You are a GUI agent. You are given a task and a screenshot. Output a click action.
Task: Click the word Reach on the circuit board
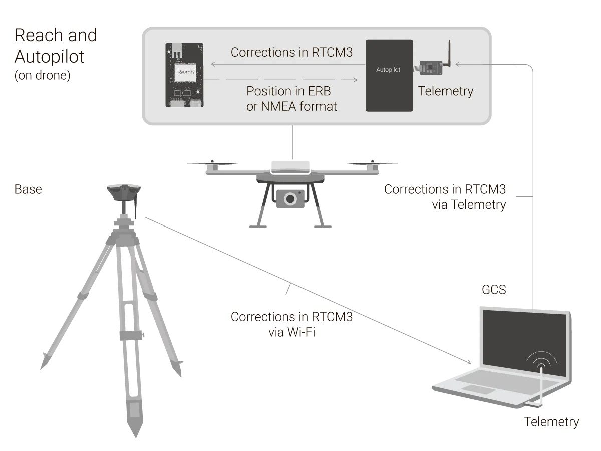tap(185, 72)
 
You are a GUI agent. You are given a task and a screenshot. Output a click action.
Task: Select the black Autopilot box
tap(389, 75)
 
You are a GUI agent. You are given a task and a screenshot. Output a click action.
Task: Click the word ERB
tap(318, 91)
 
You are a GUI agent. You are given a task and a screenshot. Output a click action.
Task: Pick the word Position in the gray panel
tap(268, 91)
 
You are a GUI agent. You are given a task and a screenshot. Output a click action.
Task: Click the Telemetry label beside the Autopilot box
tap(445, 91)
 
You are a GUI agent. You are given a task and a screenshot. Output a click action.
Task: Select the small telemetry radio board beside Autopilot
tap(430, 67)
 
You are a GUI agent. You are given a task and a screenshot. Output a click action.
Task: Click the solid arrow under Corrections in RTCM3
tap(285, 64)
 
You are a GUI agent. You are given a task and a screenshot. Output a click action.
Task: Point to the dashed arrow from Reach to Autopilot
tap(280, 80)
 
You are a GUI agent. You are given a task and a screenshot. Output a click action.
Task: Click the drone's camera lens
tap(289, 199)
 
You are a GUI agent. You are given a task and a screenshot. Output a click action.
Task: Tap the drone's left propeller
tap(212, 162)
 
